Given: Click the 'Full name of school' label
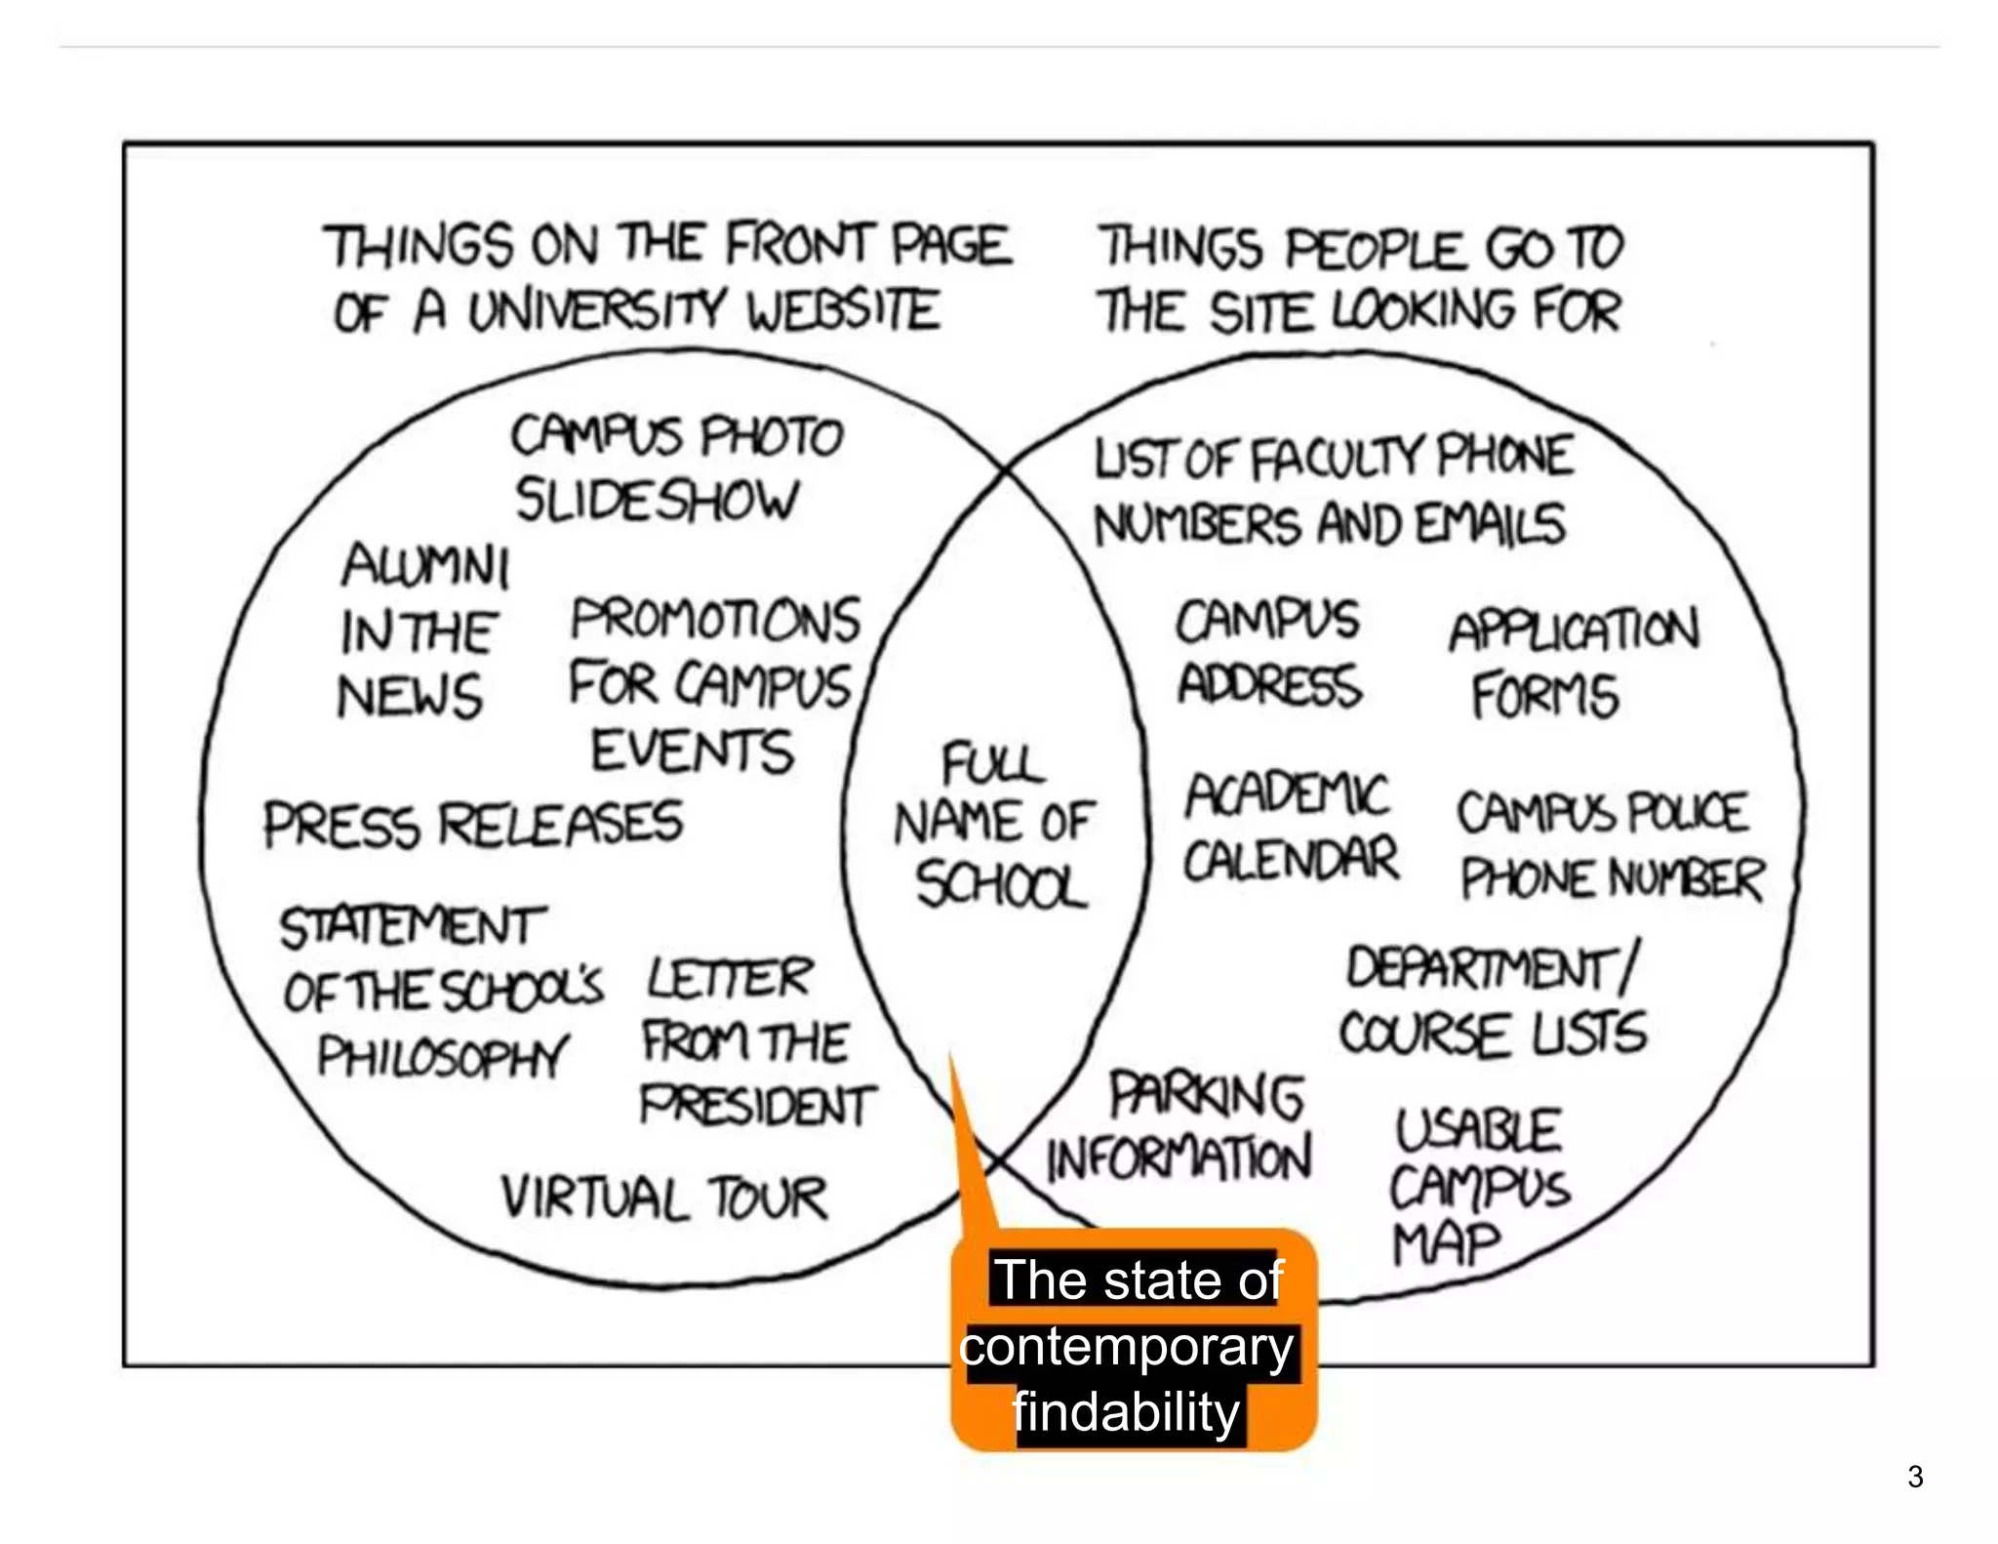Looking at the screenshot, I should tap(995, 825).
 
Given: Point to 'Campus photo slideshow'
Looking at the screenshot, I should tap(673, 467).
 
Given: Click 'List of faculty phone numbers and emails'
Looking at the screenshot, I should tap(1332, 491).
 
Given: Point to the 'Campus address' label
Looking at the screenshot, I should tap(1268, 652).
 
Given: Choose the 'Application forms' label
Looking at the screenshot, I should tap(1571, 663).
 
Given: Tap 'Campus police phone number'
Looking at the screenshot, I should tap(1610, 845).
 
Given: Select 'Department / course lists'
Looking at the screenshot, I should tap(1493, 1001).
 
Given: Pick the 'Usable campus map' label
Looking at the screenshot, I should tap(1478, 1187).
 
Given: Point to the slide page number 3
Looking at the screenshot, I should tap(1915, 1477).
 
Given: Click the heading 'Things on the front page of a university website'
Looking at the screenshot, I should tap(668, 278).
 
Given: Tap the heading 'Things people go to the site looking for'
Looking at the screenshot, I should tap(1361, 279).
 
